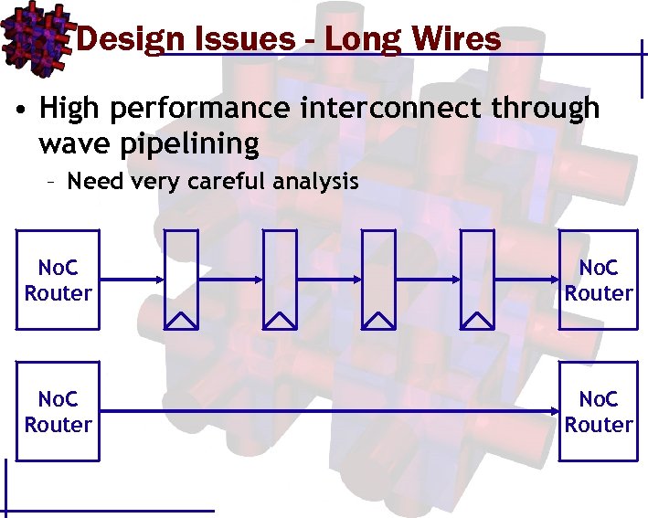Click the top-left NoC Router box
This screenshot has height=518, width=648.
[x=58, y=280]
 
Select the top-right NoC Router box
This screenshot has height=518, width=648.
[x=598, y=280]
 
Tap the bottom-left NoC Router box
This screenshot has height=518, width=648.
[x=58, y=412]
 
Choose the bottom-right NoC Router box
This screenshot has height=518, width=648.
[x=598, y=412]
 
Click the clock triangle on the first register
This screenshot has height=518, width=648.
[x=180, y=319]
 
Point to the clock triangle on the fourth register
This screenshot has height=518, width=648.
[x=477, y=319]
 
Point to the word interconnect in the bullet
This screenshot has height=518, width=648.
[x=392, y=108]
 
